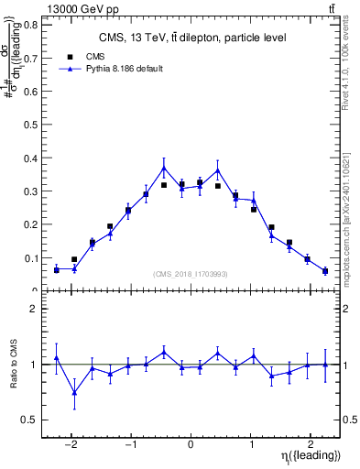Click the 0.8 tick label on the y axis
(31, 25)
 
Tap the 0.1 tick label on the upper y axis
(31, 258)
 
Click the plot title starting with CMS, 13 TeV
(191, 38)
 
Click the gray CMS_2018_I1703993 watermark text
(191, 274)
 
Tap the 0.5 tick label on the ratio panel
(31, 420)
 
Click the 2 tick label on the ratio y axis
(35, 309)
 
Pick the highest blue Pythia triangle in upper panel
(164, 169)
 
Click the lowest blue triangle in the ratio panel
(74, 393)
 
